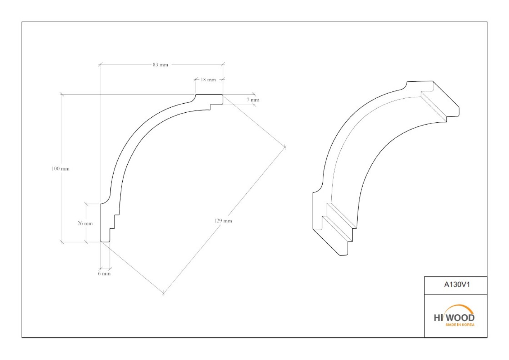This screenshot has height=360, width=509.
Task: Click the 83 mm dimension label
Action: (x=160, y=65)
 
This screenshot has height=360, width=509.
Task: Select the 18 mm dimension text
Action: (x=208, y=80)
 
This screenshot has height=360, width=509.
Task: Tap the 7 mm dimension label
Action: (x=253, y=100)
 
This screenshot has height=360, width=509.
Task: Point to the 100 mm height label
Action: (x=60, y=169)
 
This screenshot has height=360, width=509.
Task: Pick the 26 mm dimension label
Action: (x=85, y=224)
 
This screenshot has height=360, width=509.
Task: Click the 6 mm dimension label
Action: (x=104, y=274)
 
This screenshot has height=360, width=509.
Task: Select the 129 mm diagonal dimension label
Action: (x=223, y=221)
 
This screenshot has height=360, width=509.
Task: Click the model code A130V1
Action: (x=457, y=285)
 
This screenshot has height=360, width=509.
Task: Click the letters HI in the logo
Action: (x=438, y=318)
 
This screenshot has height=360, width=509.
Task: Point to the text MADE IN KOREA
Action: (x=460, y=325)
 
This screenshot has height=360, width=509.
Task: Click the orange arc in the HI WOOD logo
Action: (x=459, y=306)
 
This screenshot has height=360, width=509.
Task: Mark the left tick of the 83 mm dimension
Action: (x=100, y=64)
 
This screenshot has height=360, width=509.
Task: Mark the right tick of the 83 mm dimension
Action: (x=223, y=64)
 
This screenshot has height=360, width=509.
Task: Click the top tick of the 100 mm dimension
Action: (x=62, y=94)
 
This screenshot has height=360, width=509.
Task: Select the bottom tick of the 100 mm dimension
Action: (x=62, y=242)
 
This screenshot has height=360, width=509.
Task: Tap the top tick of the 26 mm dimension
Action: (x=86, y=204)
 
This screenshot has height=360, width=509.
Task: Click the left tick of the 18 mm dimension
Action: (x=196, y=79)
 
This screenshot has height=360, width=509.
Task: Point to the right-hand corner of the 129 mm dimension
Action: (x=285, y=147)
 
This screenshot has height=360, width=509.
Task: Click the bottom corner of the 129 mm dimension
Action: (x=164, y=294)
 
